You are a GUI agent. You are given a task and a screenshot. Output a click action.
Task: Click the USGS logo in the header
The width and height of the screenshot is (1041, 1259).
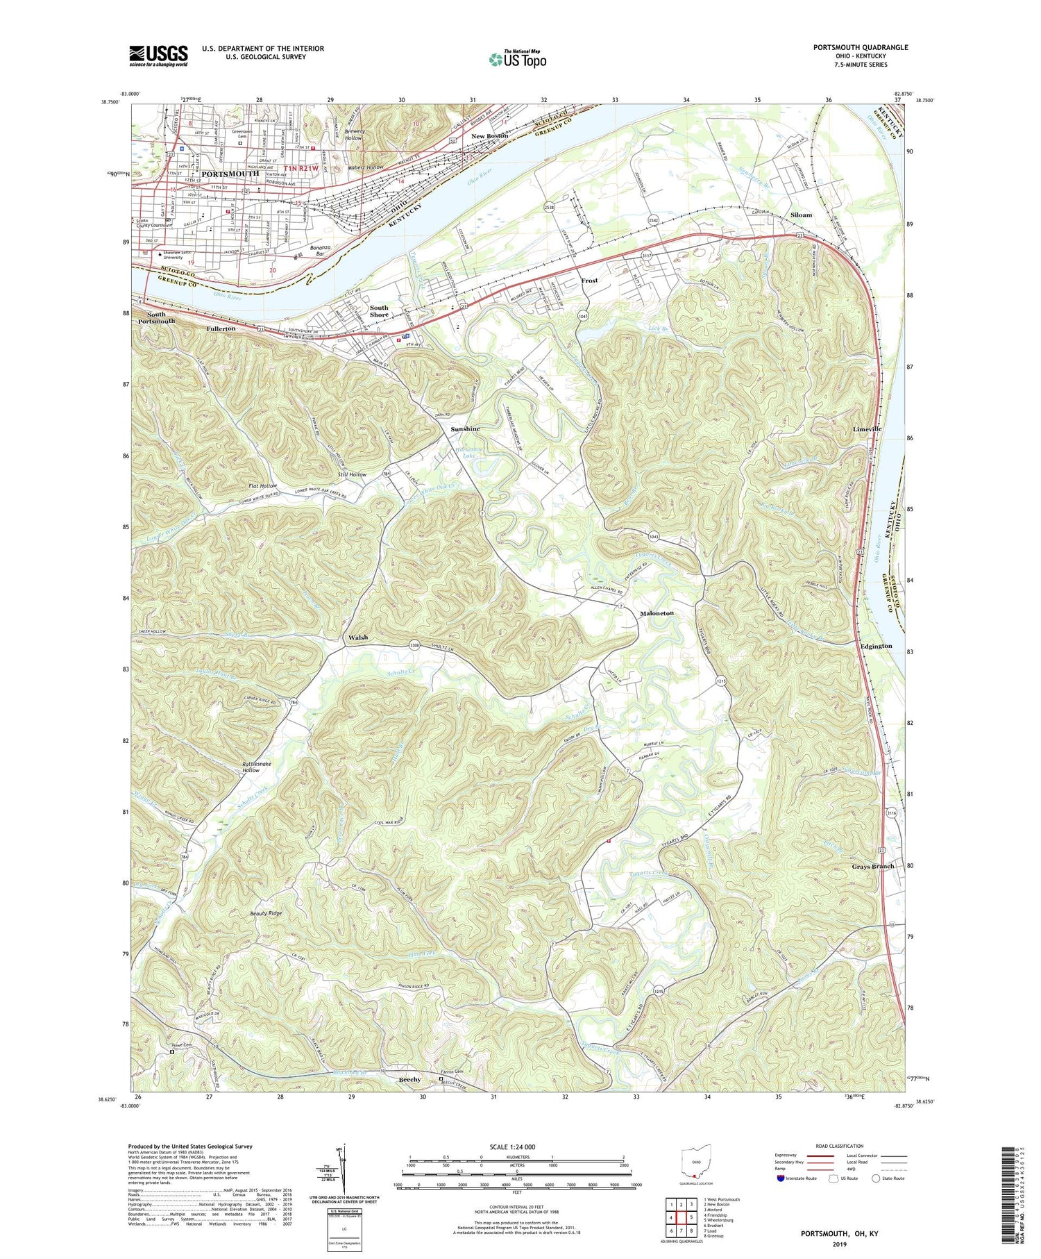158,56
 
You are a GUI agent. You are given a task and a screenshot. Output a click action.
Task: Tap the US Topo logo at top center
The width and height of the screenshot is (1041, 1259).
518,59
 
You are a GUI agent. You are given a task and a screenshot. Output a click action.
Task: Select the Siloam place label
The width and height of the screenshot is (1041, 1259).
801,215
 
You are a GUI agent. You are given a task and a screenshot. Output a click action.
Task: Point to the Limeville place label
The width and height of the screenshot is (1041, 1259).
867,429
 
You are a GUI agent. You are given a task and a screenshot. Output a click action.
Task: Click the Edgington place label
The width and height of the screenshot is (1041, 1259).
876,646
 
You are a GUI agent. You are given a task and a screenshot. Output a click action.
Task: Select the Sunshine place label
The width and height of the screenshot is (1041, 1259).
465,429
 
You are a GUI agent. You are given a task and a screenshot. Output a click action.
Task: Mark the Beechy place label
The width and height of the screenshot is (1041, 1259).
409,1080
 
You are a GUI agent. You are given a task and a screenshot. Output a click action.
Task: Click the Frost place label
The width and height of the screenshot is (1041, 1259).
589,281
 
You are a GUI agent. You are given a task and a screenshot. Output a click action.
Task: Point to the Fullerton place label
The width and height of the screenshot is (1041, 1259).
221,328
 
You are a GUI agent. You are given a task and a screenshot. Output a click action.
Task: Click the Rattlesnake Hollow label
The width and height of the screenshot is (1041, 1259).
251,767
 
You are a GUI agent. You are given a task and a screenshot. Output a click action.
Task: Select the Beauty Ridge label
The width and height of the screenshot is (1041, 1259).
266,913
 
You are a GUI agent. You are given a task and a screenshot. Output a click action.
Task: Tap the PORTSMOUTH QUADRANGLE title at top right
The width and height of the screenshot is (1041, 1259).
861,47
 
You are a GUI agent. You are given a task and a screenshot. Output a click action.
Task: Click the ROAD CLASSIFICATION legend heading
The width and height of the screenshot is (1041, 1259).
840,1146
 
